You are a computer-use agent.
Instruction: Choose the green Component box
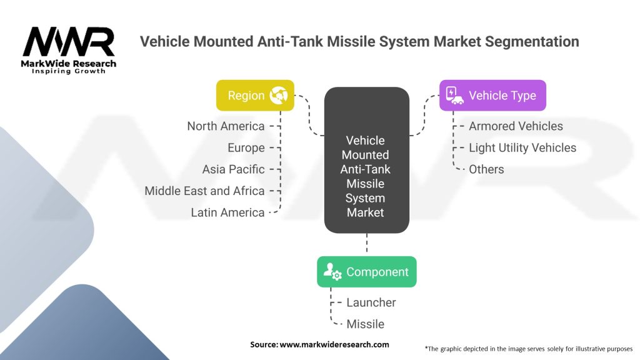coord(366,272)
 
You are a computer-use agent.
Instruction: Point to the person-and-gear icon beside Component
coord(332,272)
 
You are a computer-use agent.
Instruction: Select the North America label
coord(226,126)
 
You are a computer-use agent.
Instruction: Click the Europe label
coord(246,148)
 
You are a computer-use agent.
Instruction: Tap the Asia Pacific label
coord(233,169)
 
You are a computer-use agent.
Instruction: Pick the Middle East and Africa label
coord(204,191)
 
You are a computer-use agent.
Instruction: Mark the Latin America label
coord(227,212)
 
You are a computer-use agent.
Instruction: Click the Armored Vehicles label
coord(516,126)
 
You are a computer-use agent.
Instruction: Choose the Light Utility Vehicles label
coord(522,148)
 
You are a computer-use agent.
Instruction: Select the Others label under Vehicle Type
coord(486,169)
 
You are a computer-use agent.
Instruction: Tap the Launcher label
coord(371,302)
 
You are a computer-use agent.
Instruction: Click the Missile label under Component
coord(366,324)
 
